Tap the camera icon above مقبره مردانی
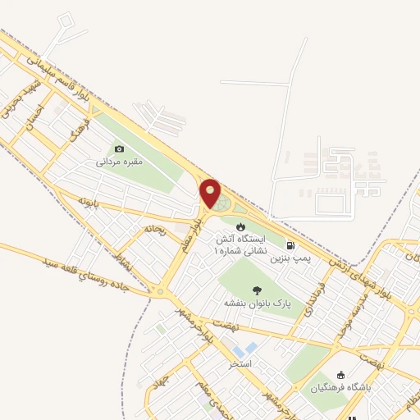[120, 148]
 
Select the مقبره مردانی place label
[120, 162]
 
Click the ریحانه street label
[153, 231]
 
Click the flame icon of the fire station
[240, 226]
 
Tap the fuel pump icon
[290, 244]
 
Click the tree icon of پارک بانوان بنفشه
[257, 290]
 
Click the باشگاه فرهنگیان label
[340, 386]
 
